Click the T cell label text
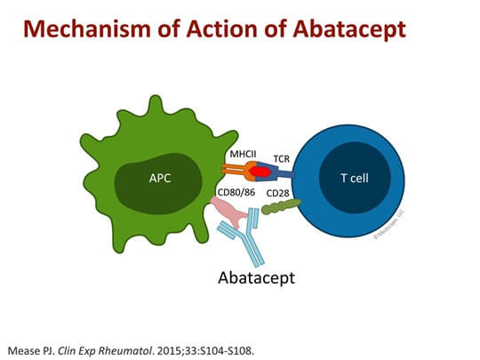356,177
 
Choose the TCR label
283,158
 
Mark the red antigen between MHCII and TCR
260,171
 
